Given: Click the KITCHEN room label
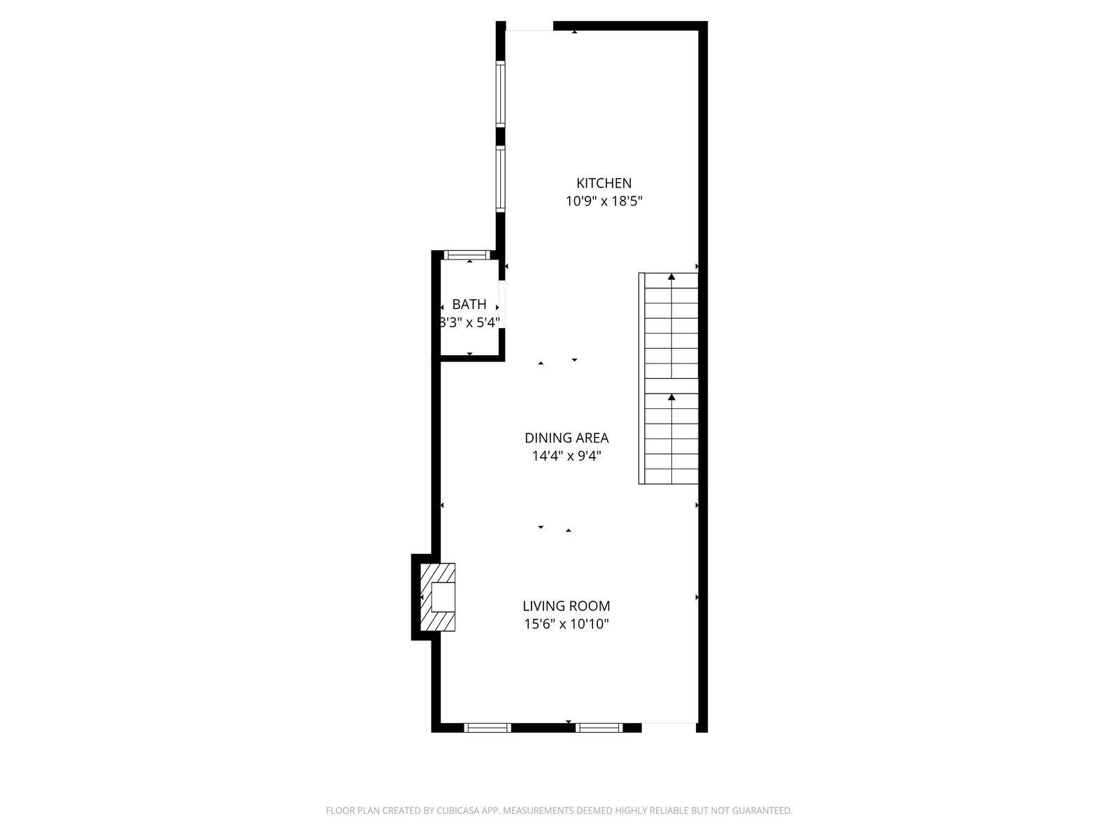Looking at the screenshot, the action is click(x=604, y=183).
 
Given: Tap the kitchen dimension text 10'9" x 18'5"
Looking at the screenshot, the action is click(x=604, y=201).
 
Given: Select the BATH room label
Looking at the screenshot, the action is click(x=469, y=304).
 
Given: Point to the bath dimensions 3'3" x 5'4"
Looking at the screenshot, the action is click(x=469, y=322).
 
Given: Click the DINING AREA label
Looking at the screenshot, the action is click(x=566, y=438).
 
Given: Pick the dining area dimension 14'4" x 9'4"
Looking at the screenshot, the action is click(x=566, y=456).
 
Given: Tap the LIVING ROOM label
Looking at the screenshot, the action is click(x=566, y=605).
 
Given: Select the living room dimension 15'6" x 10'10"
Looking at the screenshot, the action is click(x=566, y=624).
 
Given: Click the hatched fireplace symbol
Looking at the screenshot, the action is click(x=437, y=597).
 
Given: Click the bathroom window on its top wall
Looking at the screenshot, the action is click(x=466, y=254).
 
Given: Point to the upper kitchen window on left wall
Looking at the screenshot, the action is click(x=501, y=94).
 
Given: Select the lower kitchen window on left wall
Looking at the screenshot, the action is click(x=501, y=179).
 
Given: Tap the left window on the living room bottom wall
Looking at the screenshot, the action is click(x=487, y=727).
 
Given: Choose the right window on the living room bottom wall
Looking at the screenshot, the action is click(x=599, y=727).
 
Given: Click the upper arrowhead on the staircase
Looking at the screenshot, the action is click(x=671, y=277).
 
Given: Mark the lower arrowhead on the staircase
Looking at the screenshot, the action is click(x=671, y=397).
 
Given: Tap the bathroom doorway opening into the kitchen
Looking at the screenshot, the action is click(x=501, y=304).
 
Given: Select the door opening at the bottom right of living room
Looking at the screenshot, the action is click(x=669, y=727).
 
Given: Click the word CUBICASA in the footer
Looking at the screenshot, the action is click(x=458, y=810).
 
